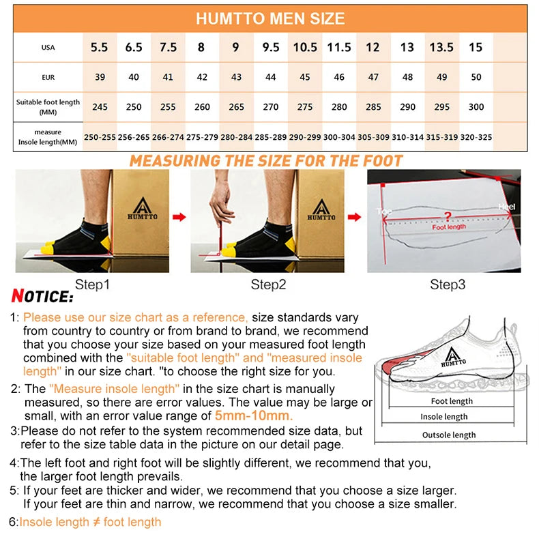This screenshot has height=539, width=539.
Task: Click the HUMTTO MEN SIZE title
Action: click(270, 18)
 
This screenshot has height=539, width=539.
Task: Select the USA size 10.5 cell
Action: click(305, 48)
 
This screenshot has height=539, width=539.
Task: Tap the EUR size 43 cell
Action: click(236, 77)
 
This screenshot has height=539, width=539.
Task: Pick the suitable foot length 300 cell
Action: click(476, 107)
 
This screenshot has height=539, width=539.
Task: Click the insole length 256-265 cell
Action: click(134, 137)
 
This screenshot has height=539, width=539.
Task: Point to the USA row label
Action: click(48, 48)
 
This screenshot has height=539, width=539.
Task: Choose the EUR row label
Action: click(48, 77)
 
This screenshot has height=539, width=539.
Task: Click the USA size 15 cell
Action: click(476, 48)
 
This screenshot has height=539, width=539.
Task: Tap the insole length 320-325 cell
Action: click(476, 137)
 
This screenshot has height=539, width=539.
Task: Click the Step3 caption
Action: click(448, 285)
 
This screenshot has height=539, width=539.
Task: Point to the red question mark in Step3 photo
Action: click(448, 217)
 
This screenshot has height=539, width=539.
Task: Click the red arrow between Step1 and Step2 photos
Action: click(179, 217)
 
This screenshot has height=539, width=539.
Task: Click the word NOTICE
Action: click(42, 297)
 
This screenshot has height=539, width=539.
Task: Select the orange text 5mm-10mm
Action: click(254, 416)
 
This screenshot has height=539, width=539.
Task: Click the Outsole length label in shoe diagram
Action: click(448, 435)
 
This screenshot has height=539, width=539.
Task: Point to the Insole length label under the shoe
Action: click(444, 417)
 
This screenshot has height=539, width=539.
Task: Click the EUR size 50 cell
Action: click(476, 77)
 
